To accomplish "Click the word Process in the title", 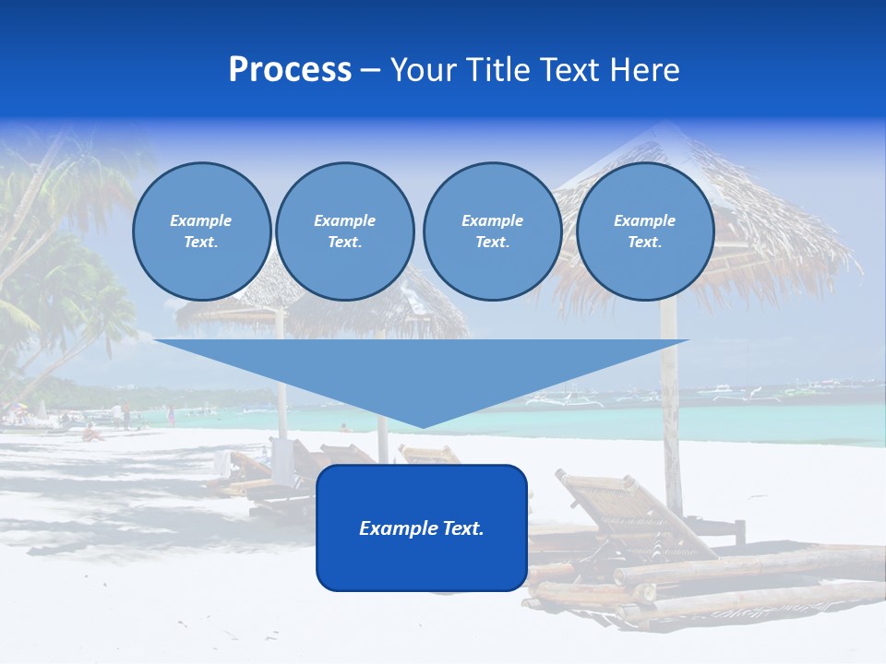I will point(290,70).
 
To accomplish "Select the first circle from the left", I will point(201,231).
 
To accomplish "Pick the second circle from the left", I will point(344,231).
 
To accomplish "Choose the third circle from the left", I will point(492,231).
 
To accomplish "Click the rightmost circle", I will point(644,231).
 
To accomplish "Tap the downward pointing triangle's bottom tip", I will point(422,425).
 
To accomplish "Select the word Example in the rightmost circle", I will point(644,220).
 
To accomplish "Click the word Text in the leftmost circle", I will point(199,243).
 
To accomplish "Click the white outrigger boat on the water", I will point(563,398).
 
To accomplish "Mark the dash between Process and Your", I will point(370,70).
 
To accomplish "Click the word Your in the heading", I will point(424,70).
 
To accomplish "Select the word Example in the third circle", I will point(492,220).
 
